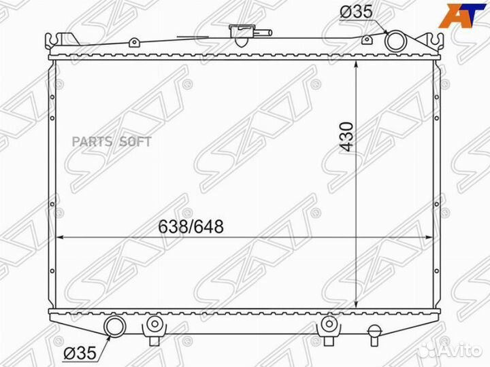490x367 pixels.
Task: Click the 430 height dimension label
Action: click(x=348, y=137)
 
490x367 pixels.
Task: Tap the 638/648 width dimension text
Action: click(x=191, y=226)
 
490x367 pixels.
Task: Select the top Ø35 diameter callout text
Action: click(x=356, y=12)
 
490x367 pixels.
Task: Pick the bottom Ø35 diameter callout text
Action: click(x=80, y=353)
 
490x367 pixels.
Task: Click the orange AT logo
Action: click(x=462, y=15)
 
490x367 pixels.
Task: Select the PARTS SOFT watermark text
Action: click(x=112, y=142)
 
